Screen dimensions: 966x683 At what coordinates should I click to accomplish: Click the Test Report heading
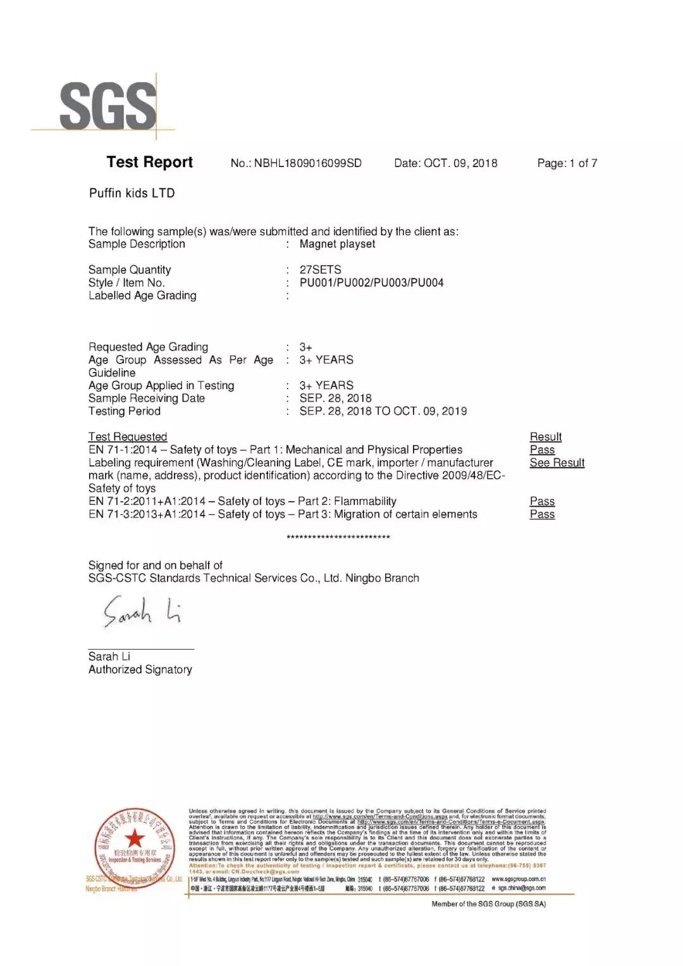coord(150,163)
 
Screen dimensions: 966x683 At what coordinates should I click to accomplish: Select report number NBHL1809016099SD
coord(307,163)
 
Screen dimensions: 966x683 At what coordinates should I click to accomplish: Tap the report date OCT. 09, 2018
coord(460,163)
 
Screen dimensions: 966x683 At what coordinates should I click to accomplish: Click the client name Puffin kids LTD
coord(132,193)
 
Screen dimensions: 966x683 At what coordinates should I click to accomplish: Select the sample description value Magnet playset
coord(337,244)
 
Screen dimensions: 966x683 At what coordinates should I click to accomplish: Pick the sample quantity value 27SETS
coord(320,270)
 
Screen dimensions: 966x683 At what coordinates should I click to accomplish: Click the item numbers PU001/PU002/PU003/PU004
coord(371,283)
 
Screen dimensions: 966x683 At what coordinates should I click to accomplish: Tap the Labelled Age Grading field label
coord(142,295)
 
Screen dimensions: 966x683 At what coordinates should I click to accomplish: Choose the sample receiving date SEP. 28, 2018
coord(335,398)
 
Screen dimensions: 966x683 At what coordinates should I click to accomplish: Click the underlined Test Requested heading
coord(128,437)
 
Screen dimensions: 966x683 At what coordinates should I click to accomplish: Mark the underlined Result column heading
coord(545,437)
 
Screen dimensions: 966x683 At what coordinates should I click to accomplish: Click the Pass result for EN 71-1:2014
coord(542,450)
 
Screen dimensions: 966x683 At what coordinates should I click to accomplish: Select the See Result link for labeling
coord(557,462)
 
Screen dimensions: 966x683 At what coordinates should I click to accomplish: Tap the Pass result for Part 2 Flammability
coord(542,501)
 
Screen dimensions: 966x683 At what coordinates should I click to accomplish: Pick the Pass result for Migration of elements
coord(542,514)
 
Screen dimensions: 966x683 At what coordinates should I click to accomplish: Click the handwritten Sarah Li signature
coord(142,611)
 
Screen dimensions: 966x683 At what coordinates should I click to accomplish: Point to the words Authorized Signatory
coord(140,669)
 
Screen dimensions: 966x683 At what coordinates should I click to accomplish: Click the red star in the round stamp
coord(134,839)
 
